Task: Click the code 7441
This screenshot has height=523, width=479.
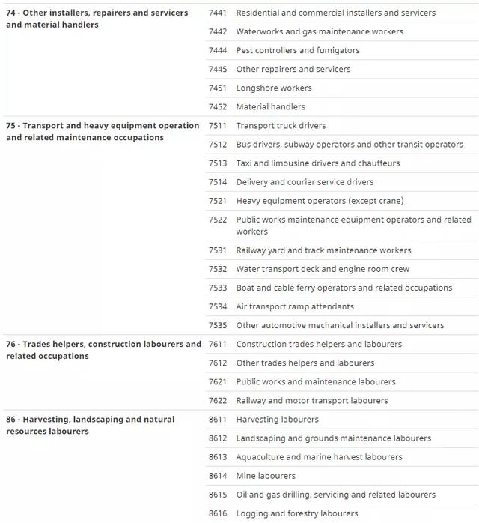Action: [x=218, y=13]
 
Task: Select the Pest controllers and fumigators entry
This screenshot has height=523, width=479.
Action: [x=297, y=50]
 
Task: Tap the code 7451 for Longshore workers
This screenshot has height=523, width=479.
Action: [x=218, y=88]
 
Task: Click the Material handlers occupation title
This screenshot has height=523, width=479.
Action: [x=270, y=106]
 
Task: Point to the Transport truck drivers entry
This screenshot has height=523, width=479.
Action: [x=281, y=125]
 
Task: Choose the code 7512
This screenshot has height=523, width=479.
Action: [x=218, y=144]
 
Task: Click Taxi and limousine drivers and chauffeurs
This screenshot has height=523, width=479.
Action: [x=317, y=163]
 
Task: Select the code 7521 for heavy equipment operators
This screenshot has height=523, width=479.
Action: [x=218, y=200]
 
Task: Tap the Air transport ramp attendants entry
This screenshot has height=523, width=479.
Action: [x=295, y=306]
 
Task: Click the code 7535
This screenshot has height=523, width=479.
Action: [x=218, y=325]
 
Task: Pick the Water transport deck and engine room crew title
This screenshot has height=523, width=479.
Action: [x=323, y=269]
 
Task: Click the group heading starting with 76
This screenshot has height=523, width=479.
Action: [x=103, y=350]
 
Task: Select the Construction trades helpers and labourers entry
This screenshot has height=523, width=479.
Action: [x=319, y=344]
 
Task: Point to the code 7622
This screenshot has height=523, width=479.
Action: [x=218, y=400]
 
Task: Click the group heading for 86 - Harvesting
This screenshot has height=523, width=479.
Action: [x=90, y=425]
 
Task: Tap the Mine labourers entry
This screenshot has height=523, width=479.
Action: [x=266, y=475]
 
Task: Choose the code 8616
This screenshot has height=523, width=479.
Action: [x=218, y=513]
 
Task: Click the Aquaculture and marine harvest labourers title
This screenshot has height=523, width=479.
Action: [x=319, y=456]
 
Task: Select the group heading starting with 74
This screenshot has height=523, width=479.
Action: [x=97, y=19]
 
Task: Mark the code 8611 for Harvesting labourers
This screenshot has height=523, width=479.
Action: [x=218, y=419]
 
